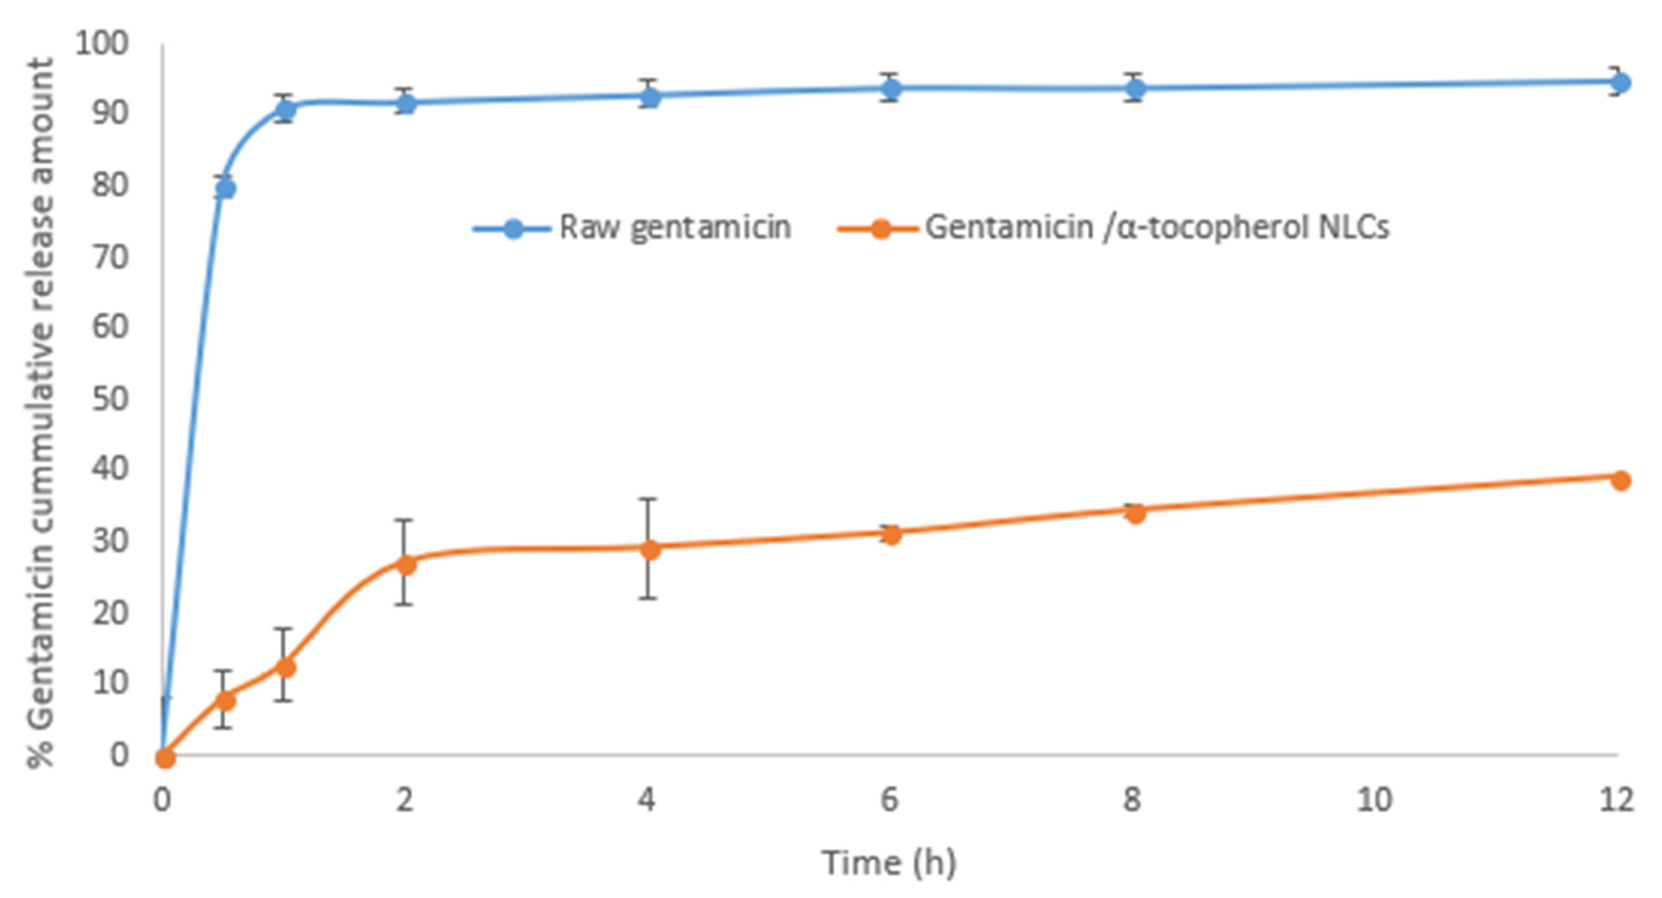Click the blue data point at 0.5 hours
(225, 189)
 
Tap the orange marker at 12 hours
(1620, 480)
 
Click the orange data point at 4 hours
(649, 550)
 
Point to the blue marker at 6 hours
(891, 88)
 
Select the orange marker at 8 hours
(1135, 514)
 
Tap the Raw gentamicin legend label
(674, 227)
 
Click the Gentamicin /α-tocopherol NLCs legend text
(1157, 227)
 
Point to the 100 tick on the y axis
(102, 44)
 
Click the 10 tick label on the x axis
(1374, 800)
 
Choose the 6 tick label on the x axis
(889, 800)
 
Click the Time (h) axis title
(889, 862)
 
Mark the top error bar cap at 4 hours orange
(649, 498)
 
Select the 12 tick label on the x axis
(1616, 800)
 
